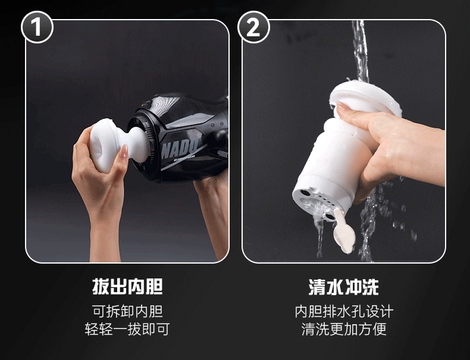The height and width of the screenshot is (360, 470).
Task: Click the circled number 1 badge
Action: click(37, 27)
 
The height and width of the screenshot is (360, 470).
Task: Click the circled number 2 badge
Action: click(253, 27)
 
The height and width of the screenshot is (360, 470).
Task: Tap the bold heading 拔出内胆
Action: click(127, 287)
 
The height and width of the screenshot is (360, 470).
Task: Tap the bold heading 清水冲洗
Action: click(344, 287)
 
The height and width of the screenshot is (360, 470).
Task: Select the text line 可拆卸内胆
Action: click(127, 311)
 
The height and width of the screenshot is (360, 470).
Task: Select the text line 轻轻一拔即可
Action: click(127, 329)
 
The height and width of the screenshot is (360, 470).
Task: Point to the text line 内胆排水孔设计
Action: click(344, 311)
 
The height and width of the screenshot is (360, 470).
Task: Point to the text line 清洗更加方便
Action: click(344, 329)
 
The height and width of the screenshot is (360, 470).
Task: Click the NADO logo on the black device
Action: click(180, 148)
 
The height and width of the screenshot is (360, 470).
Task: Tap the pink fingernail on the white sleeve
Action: click(124, 152)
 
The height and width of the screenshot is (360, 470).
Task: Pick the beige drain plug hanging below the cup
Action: click(344, 230)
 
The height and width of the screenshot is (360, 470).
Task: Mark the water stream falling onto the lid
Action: click(361, 51)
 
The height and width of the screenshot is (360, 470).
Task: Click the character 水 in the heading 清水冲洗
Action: click(335, 287)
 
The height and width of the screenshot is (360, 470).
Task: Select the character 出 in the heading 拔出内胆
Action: click(119, 287)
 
